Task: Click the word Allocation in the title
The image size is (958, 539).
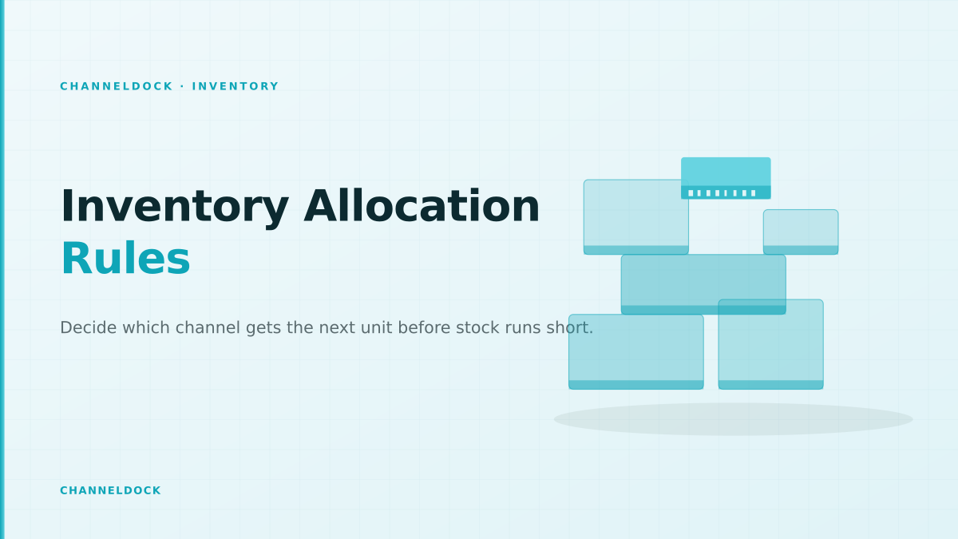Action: tap(422, 206)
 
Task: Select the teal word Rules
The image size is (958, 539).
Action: tap(126, 259)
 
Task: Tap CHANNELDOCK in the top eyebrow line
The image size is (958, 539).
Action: tap(117, 86)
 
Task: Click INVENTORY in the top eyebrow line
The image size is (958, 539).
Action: tap(236, 86)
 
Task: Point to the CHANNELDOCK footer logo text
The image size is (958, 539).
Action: tap(110, 490)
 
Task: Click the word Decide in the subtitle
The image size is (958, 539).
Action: tap(88, 327)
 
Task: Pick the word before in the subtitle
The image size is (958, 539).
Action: tap(424, 327)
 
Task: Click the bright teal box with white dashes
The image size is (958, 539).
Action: tap(726, 178)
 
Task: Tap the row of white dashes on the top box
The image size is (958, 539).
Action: tap(722, 193)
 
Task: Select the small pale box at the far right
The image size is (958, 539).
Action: tap(801, 232)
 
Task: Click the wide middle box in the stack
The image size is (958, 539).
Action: tap(703, 284)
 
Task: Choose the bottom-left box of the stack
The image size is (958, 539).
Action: tap(636, 351)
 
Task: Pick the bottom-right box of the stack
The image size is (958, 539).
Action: tap(770, 344)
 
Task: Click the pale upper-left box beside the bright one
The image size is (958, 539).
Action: tap(636, 217)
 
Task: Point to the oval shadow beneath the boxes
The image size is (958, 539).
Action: tap(733, 419)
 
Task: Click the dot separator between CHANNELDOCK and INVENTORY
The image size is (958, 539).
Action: tap(182, 86)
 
